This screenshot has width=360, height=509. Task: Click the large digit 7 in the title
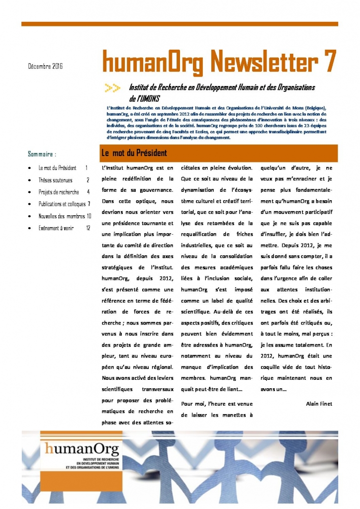329,63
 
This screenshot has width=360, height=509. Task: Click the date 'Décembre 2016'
45,66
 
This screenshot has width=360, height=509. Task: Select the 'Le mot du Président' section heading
134,153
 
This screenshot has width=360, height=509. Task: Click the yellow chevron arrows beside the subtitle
112,88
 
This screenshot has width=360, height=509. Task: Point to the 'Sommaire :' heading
42,154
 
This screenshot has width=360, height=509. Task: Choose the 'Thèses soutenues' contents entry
55,180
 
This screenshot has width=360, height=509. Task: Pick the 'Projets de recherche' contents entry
59,192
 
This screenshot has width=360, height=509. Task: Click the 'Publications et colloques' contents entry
62,204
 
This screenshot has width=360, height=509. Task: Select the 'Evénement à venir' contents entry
56,228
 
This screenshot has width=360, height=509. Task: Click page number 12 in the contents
88,228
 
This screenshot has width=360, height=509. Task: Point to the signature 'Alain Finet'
319,404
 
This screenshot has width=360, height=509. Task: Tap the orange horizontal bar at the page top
180,24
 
